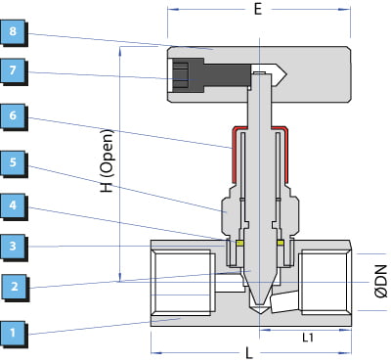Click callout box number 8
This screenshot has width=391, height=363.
click(x=13, y=32)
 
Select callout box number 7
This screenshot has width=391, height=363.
click(x=13, y=70)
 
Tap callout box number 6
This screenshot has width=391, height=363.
click(x=13, y=115)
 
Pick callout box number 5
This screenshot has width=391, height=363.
click(x=13, y=162)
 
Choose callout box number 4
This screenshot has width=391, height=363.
click(x=13, y=205)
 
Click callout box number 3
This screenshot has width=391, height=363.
click(x=13, y=246)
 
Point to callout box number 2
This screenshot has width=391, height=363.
click(x=15, y=287)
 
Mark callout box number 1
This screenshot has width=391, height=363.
click(x=13, y=333)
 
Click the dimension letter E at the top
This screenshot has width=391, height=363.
click(x=258, y=10)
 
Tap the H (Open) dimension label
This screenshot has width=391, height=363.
click(x=108, y=160)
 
